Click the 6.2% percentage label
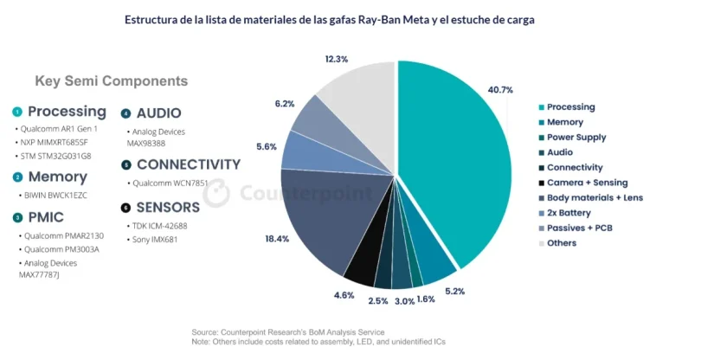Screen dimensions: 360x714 tap(285, 103)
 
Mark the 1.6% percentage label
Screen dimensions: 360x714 tap(425, 299)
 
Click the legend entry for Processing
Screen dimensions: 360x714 tap(570, 107)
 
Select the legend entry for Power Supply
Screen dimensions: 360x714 tap(576, 138)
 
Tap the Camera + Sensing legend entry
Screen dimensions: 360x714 tap(587, 183)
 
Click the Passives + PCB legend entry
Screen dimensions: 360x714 tap(580, 228)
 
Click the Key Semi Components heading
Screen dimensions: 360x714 tap(111, 81)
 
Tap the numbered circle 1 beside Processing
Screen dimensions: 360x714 tap(17, 112)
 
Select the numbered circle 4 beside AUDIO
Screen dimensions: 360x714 tap(125, 113)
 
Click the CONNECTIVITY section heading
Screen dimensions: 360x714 tap(188, 164)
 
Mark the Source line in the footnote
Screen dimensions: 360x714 tap(287, 332)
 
